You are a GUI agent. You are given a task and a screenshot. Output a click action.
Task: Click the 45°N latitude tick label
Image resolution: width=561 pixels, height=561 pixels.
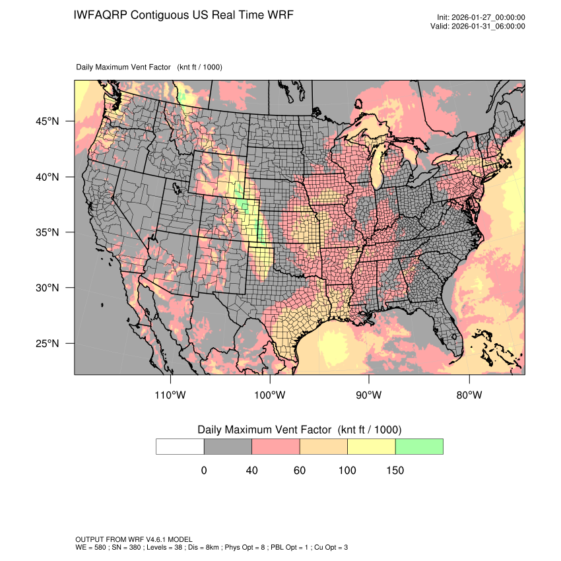47,121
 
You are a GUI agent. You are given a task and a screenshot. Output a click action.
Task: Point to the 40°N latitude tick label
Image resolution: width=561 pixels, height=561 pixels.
47,177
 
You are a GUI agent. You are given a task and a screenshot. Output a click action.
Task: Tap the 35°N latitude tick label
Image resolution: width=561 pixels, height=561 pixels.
47,232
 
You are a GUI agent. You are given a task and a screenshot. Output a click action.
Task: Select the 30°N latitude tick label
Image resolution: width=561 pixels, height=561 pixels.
47,288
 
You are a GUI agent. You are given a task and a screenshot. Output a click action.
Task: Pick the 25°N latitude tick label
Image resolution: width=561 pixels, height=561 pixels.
47,343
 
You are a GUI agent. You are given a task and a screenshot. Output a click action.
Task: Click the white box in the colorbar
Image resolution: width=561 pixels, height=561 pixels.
180,446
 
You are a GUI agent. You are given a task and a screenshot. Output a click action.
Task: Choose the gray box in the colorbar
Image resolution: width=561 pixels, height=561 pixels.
228,446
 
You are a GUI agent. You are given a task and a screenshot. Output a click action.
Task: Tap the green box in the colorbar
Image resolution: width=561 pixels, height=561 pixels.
419,446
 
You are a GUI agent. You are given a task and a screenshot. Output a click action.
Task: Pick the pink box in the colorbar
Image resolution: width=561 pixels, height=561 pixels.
276,446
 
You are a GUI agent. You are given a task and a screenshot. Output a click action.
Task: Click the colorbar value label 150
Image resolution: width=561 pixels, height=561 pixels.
395,471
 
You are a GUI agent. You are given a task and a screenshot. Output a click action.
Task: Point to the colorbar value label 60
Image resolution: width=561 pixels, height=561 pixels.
300,471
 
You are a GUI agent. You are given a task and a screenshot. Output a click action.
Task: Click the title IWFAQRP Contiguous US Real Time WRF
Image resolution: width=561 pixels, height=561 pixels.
183,15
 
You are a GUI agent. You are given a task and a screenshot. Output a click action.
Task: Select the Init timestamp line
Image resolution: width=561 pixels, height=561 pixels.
481,18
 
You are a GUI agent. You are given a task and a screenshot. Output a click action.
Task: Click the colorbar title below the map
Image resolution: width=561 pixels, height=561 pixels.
300,430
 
